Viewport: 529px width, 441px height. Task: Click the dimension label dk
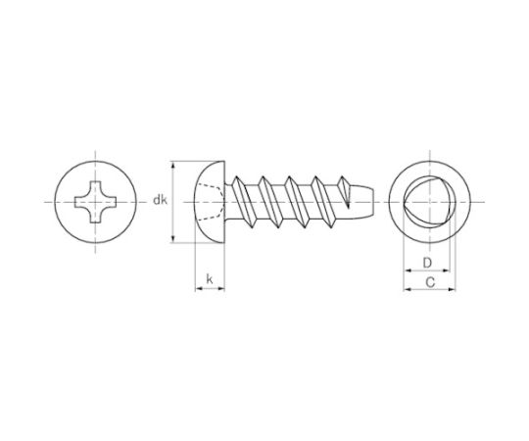161,200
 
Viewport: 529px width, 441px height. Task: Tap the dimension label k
210,279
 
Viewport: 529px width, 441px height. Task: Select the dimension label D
427,263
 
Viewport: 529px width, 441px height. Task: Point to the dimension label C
430,282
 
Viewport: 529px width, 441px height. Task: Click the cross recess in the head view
95,202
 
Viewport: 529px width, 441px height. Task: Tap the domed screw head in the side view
210,202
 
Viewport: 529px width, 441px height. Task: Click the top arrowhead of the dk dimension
173,166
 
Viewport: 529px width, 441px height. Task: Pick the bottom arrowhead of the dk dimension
173,238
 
